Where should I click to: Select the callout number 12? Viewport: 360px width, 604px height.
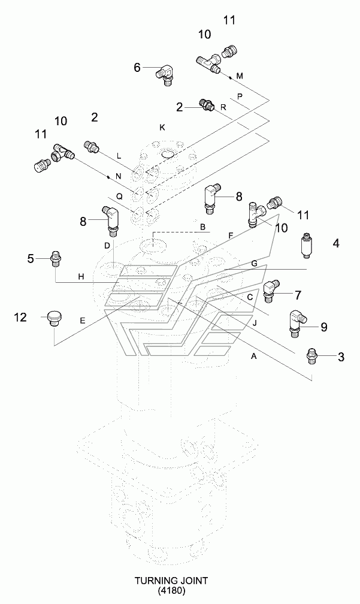tap(21, 318)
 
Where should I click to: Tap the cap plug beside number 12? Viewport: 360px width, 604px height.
tap(54, 317)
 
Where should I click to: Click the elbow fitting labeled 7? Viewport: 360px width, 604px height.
tap(271, 291)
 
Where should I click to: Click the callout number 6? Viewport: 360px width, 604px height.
tap(137, 68)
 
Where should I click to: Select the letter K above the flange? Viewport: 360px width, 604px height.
tap(161, 127)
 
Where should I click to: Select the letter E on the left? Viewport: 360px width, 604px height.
tap(82, 321)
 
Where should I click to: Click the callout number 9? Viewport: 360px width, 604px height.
tap(323, 327)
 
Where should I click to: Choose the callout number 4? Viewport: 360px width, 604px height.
tap(336, 243)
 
